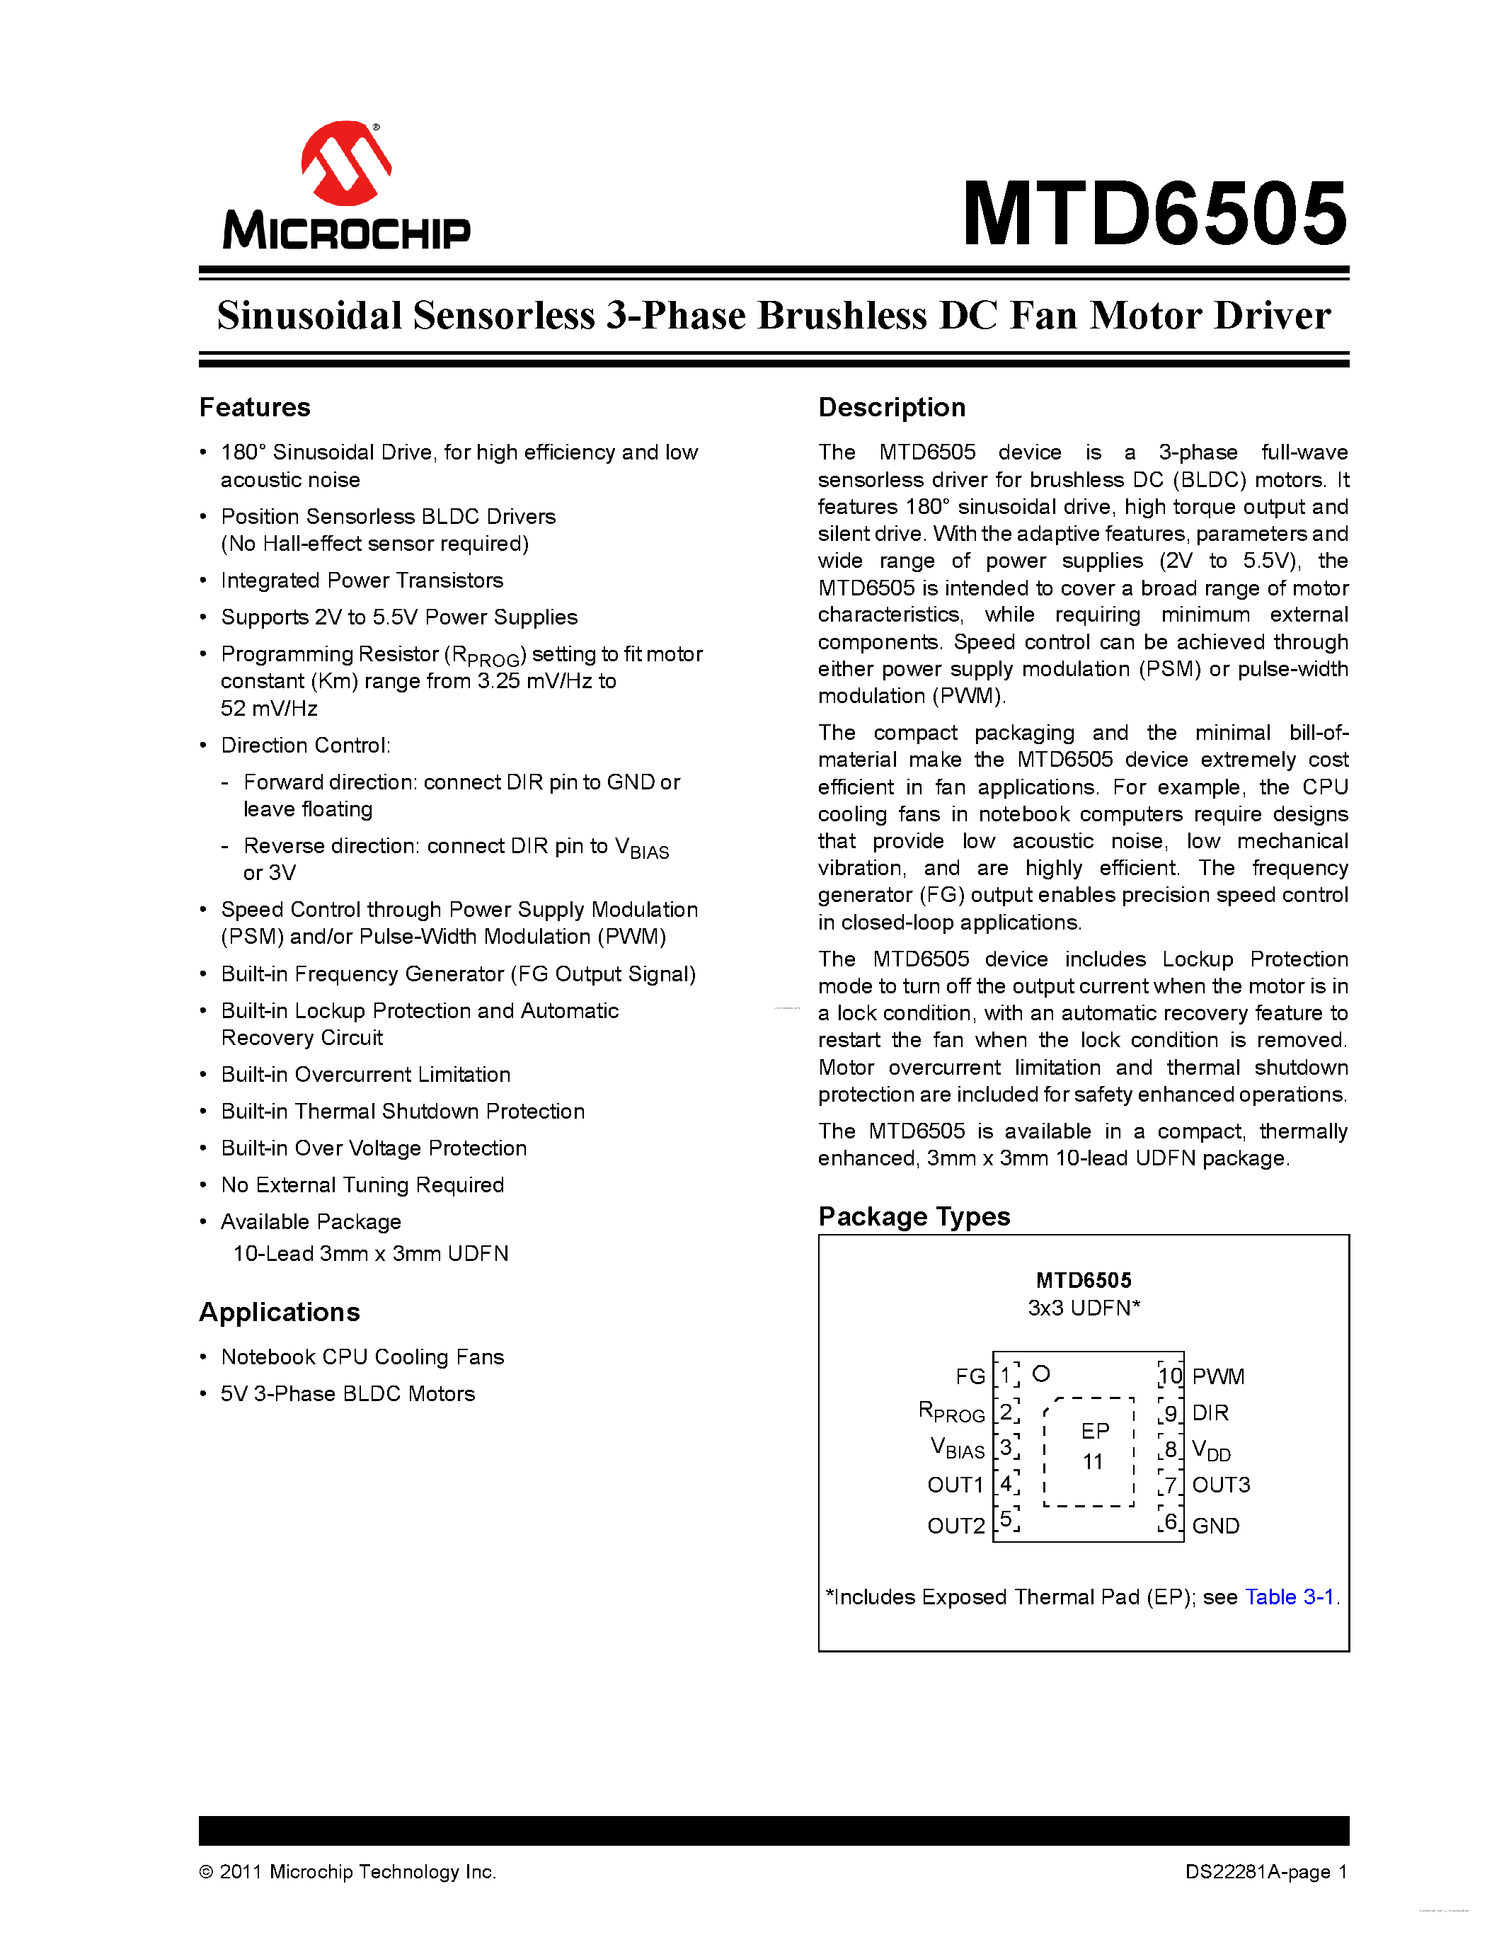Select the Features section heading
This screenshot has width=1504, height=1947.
click(255, 407)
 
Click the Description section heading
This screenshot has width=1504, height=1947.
click(891, 407)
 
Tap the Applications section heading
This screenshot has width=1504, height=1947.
click(279, 1312)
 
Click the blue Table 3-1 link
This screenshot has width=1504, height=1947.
click(1288, 1597)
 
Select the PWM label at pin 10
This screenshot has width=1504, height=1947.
click(1218, 1376)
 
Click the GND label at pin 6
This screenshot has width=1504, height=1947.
click(1215, 1525)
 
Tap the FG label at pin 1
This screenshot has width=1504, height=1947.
click(970, 1376)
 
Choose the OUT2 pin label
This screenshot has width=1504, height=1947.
click(955, 1525)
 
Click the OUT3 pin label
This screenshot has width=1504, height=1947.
click(1221, 1484)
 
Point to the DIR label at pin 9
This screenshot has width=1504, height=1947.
click(1210, 1413)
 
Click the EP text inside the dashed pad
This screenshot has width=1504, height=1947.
click(1095, 1431)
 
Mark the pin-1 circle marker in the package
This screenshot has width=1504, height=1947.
click(1040, 1374)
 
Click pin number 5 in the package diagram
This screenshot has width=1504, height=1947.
click(1006, 1519)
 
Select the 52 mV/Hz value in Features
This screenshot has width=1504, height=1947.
click(269, 709)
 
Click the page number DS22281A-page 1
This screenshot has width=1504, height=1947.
click(1265, 1872)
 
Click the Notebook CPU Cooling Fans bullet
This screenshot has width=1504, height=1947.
click(362, 1357)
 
